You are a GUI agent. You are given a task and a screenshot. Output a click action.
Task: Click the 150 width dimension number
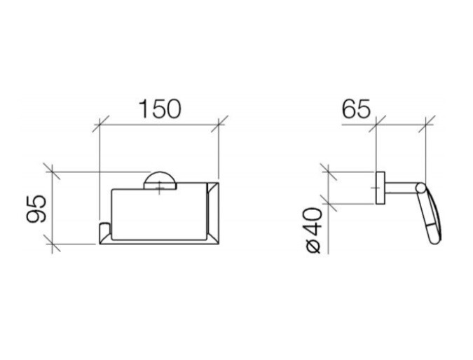click(x=160, y=109)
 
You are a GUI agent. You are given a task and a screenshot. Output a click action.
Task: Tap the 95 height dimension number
click(x=36, y=209)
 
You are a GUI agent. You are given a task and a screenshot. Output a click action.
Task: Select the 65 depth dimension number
click(x=356, y=109)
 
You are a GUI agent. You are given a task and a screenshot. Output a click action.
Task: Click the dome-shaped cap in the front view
click(x=160, y=180)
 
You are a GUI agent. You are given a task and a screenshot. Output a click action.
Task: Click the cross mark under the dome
click(x=160, y=189)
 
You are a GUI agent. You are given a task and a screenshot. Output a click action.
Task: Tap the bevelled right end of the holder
click(x=212, y=213)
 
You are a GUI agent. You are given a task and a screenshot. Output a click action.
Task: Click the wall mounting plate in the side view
click(x=381, y=188)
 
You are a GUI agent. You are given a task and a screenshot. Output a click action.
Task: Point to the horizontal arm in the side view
click(x=401, y=188)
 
